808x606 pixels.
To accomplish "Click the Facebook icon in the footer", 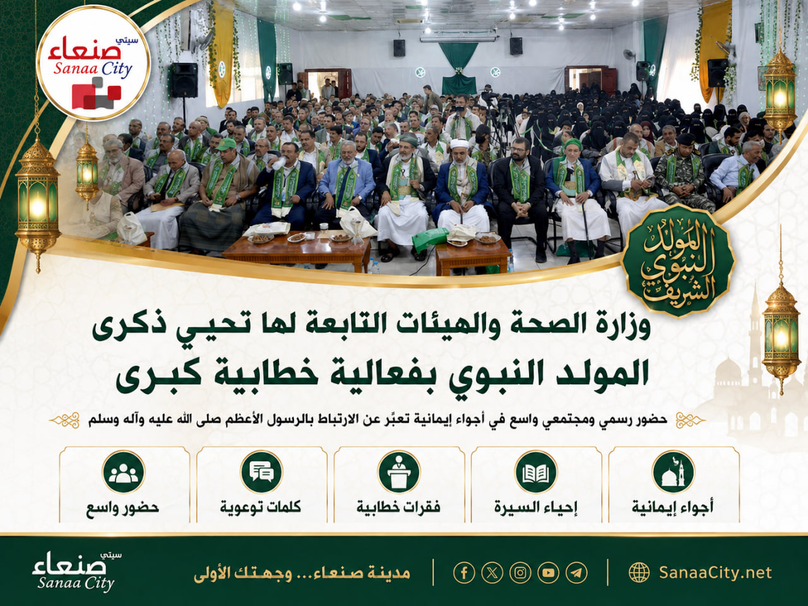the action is tap(464, 573).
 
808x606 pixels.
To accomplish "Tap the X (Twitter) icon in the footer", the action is tap(492, 573).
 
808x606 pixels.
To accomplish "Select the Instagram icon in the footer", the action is tap(520, 573).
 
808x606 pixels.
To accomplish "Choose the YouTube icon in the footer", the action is tap(549, 573).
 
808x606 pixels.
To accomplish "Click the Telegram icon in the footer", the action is tap(576, 573).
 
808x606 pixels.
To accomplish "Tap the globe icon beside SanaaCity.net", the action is tap(639, 573).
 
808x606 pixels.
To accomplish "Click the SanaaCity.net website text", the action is tap(715, 573).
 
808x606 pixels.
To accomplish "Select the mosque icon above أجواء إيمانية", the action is tap(674, 472).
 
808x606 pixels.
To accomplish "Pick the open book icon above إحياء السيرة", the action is tap(537, 472).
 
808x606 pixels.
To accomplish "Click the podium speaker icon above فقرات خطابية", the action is tap(399, 472).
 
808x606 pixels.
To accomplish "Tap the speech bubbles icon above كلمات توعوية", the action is tap(261, 472).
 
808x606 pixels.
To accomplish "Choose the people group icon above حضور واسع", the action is tap(124, 472).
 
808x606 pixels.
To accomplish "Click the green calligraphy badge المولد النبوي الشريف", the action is tap(678, 261).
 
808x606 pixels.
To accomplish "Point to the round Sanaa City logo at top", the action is tap(93, 62).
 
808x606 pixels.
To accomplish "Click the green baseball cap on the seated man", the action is tap(225, 143).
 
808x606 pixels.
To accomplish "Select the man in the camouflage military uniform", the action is tap(681, 173).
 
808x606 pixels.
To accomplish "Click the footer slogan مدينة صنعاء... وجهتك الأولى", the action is tap(302, 573).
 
